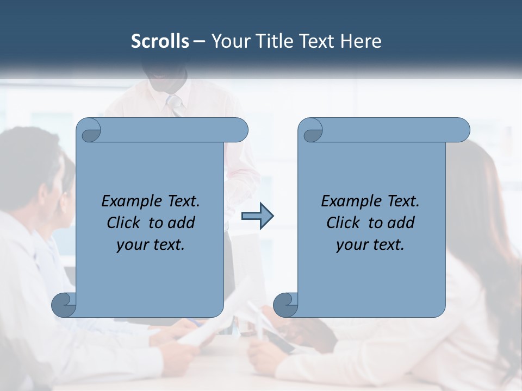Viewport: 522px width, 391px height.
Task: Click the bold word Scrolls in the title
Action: pyautogui.click(x=160, y=41)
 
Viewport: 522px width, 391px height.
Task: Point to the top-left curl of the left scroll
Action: pyautogui.click(x=89, y=130)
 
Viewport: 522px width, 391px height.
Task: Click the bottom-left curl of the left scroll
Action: pyautogui.click(x=64, y=305)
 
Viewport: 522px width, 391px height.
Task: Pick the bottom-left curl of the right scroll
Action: pyautogui.click(x=285, y=305)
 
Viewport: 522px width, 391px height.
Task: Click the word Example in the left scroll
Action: pyautogui.click(x=127, y=201)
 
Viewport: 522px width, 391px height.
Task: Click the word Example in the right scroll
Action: pyautogui.click(x=346, y=201)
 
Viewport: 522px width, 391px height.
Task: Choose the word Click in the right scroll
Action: pyautogui.click(x=343, y=223)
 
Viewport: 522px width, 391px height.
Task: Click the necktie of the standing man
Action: pyautogui.click(x=175, y=105)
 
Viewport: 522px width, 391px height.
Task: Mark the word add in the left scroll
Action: pyautogui.click(x=182, y=223)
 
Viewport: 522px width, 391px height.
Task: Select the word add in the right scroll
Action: pyautogui.click(x=401, y=223)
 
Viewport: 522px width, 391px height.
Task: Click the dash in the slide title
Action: pyautogui.click(x=198, y=42)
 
